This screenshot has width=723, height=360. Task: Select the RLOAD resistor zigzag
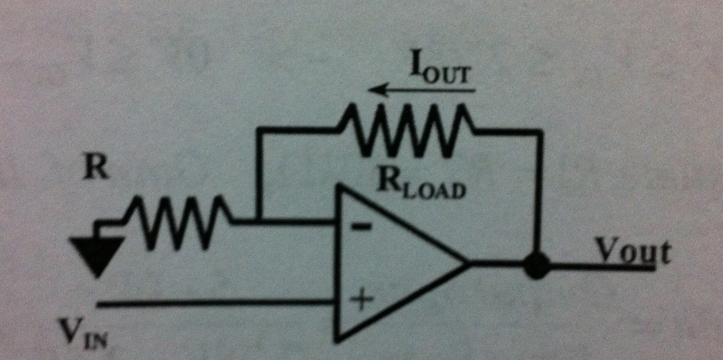coord(404,130)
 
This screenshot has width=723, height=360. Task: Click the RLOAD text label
coord(422,187)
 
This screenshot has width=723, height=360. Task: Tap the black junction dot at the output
coord(537,265)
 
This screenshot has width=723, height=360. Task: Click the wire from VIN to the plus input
coord(217,304)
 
